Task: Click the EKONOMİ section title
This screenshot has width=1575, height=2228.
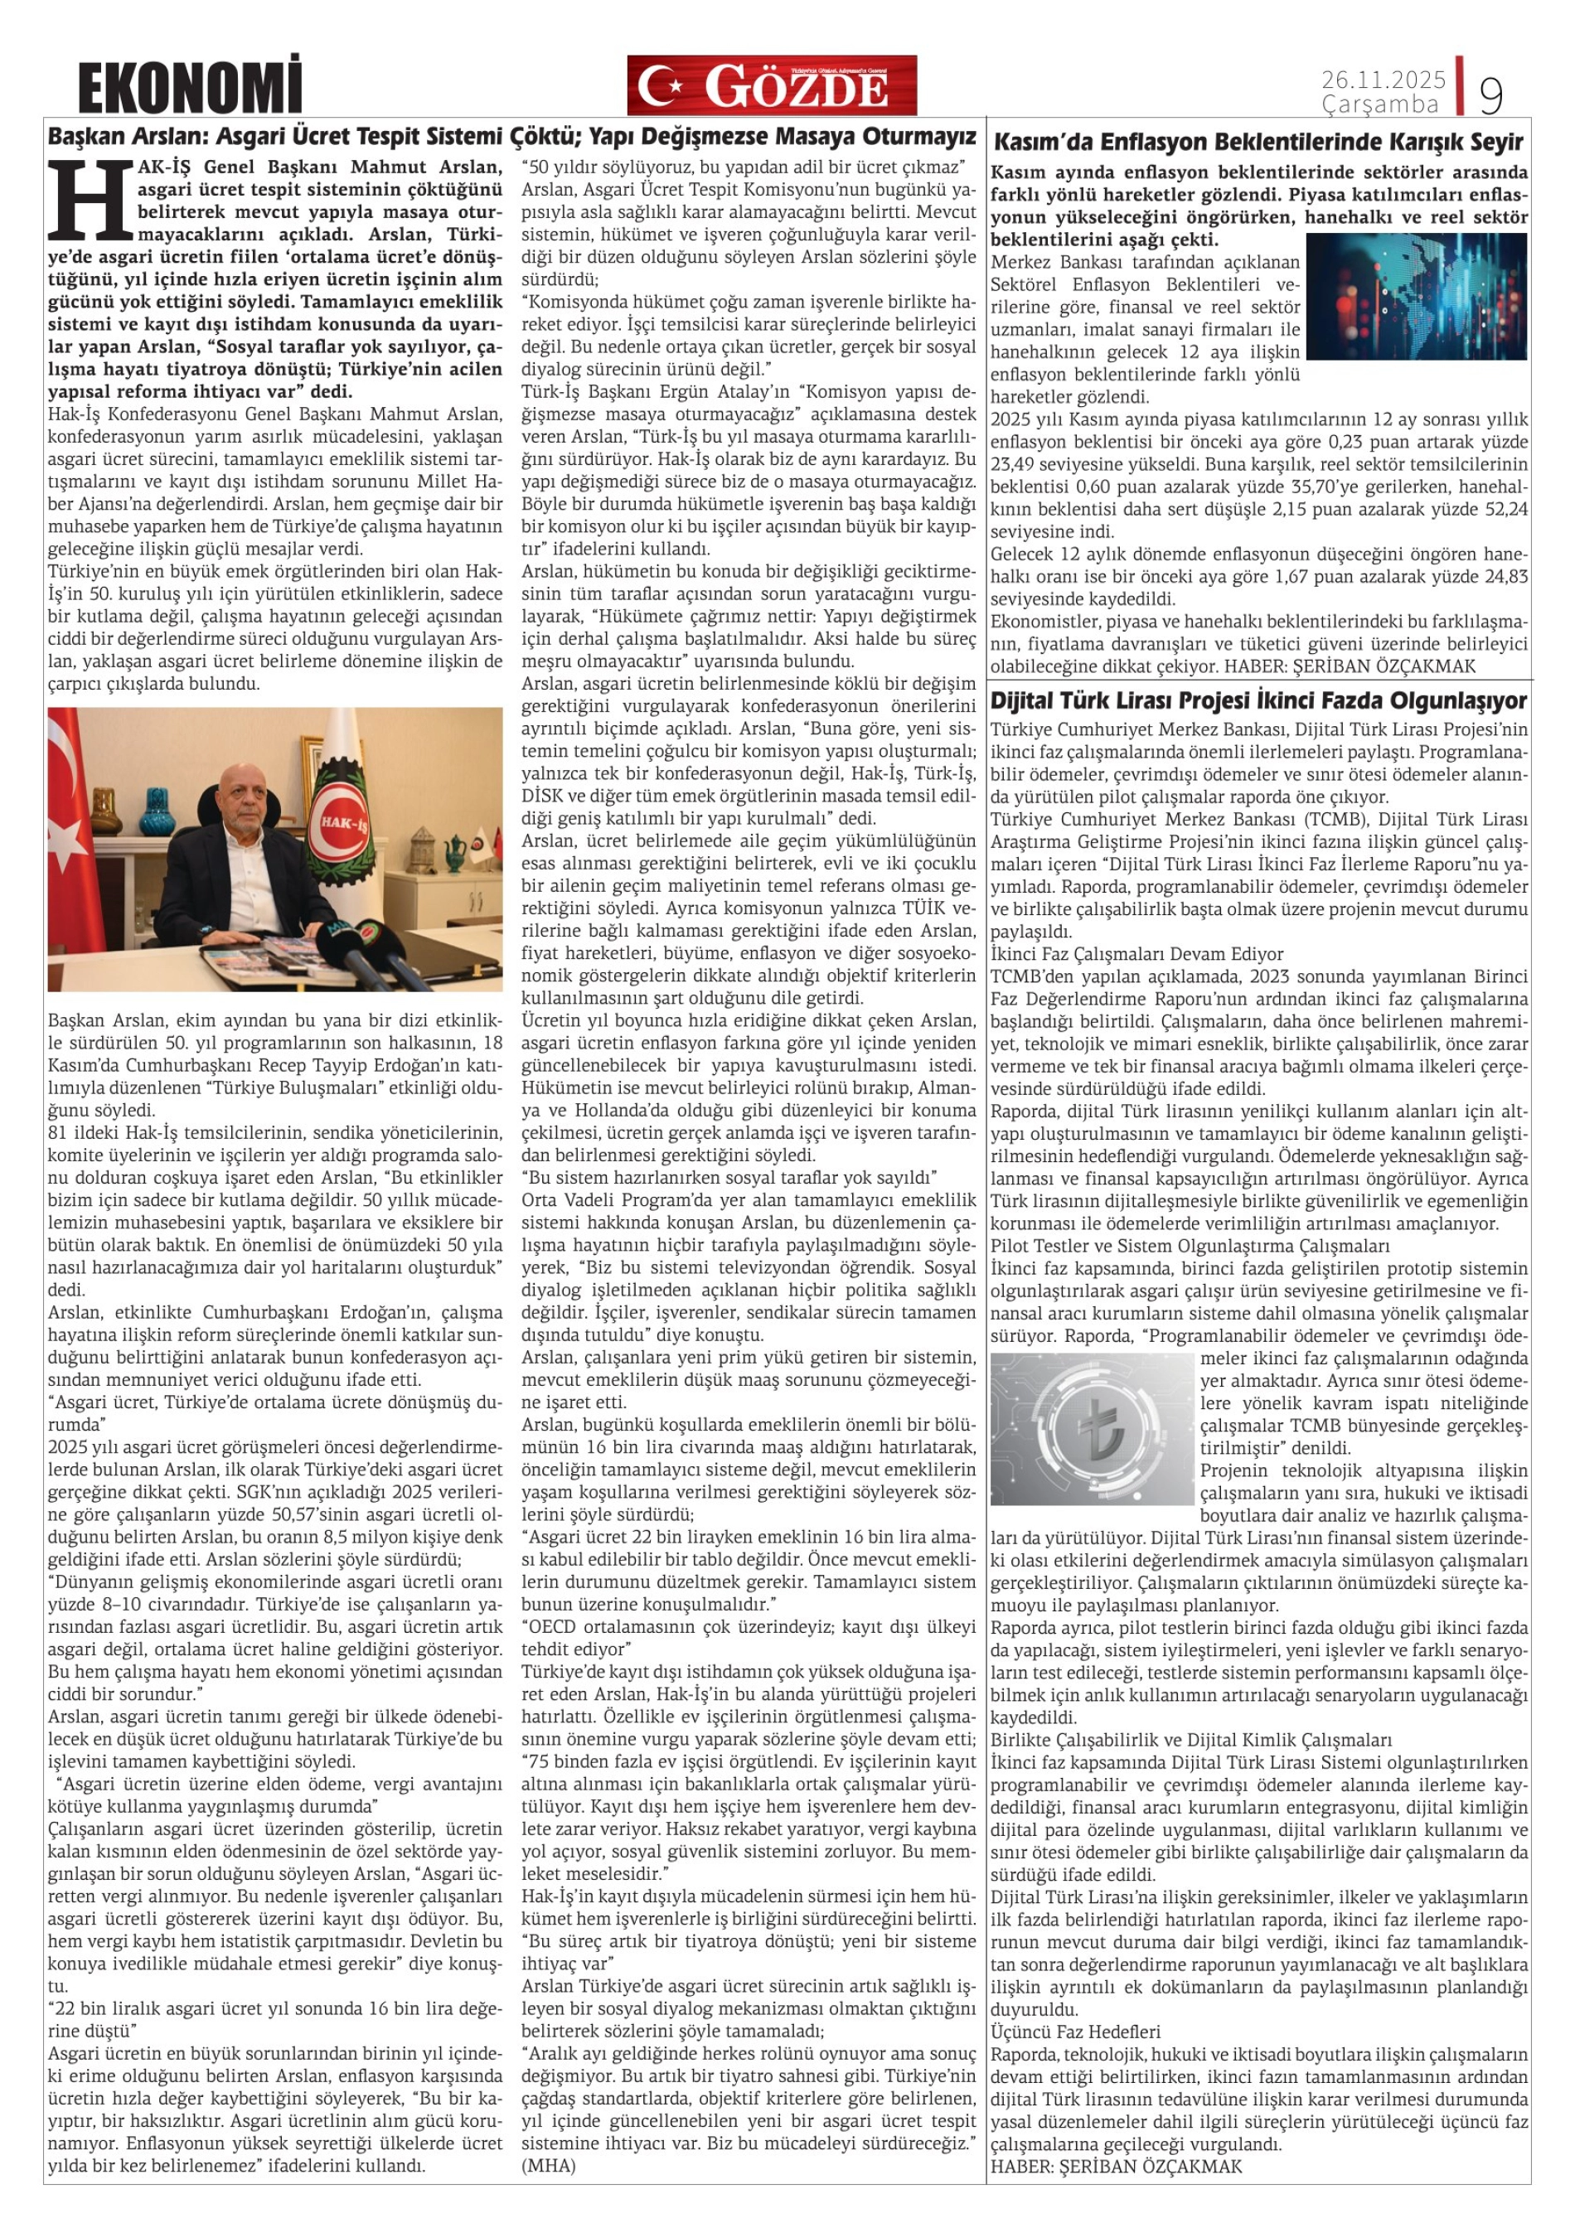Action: (x=190, y=86)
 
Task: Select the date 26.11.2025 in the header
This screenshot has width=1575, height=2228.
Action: (x=1383, y=79)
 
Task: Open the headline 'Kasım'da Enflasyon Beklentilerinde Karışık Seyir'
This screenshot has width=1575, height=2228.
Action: (x=1258, y=143)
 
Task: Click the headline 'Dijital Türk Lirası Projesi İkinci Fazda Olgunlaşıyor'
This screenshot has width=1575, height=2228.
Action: (x=1258, y=700)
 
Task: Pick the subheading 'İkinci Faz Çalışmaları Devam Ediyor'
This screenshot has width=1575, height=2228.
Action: (x=1136, y=954)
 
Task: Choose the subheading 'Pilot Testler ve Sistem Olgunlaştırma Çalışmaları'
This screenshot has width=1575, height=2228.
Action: (x=1190, y=1246)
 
